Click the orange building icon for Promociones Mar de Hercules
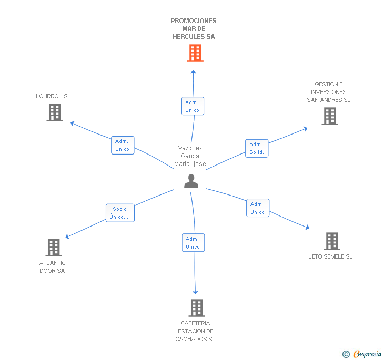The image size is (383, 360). [195, 53]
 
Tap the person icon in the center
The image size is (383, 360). [191, 181]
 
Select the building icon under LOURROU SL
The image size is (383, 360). [55, 112]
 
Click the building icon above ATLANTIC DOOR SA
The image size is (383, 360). [54, 247]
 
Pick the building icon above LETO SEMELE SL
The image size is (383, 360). [332, 241]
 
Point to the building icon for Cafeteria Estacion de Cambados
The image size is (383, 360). [197, 308]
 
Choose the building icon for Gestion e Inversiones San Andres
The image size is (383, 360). [330, 116]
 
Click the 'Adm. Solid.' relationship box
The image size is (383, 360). [257, 148]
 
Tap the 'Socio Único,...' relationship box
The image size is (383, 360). [120, 213]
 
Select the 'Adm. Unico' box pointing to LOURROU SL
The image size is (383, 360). [123, 145]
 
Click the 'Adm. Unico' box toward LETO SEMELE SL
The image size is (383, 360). [258, 208]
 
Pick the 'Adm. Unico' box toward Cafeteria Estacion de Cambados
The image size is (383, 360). [193, 243]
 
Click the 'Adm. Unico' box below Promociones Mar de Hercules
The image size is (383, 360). [193, 106]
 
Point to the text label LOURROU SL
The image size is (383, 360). [53, 96]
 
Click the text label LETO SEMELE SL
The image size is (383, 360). [330, 256]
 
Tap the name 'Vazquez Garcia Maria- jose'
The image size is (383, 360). [190, 156]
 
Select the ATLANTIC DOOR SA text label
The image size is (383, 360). [52, 267]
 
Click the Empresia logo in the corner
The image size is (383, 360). [362, 354]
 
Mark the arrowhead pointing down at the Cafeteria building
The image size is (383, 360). [195, 292]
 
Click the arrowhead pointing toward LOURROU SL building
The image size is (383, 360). [72, 124]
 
